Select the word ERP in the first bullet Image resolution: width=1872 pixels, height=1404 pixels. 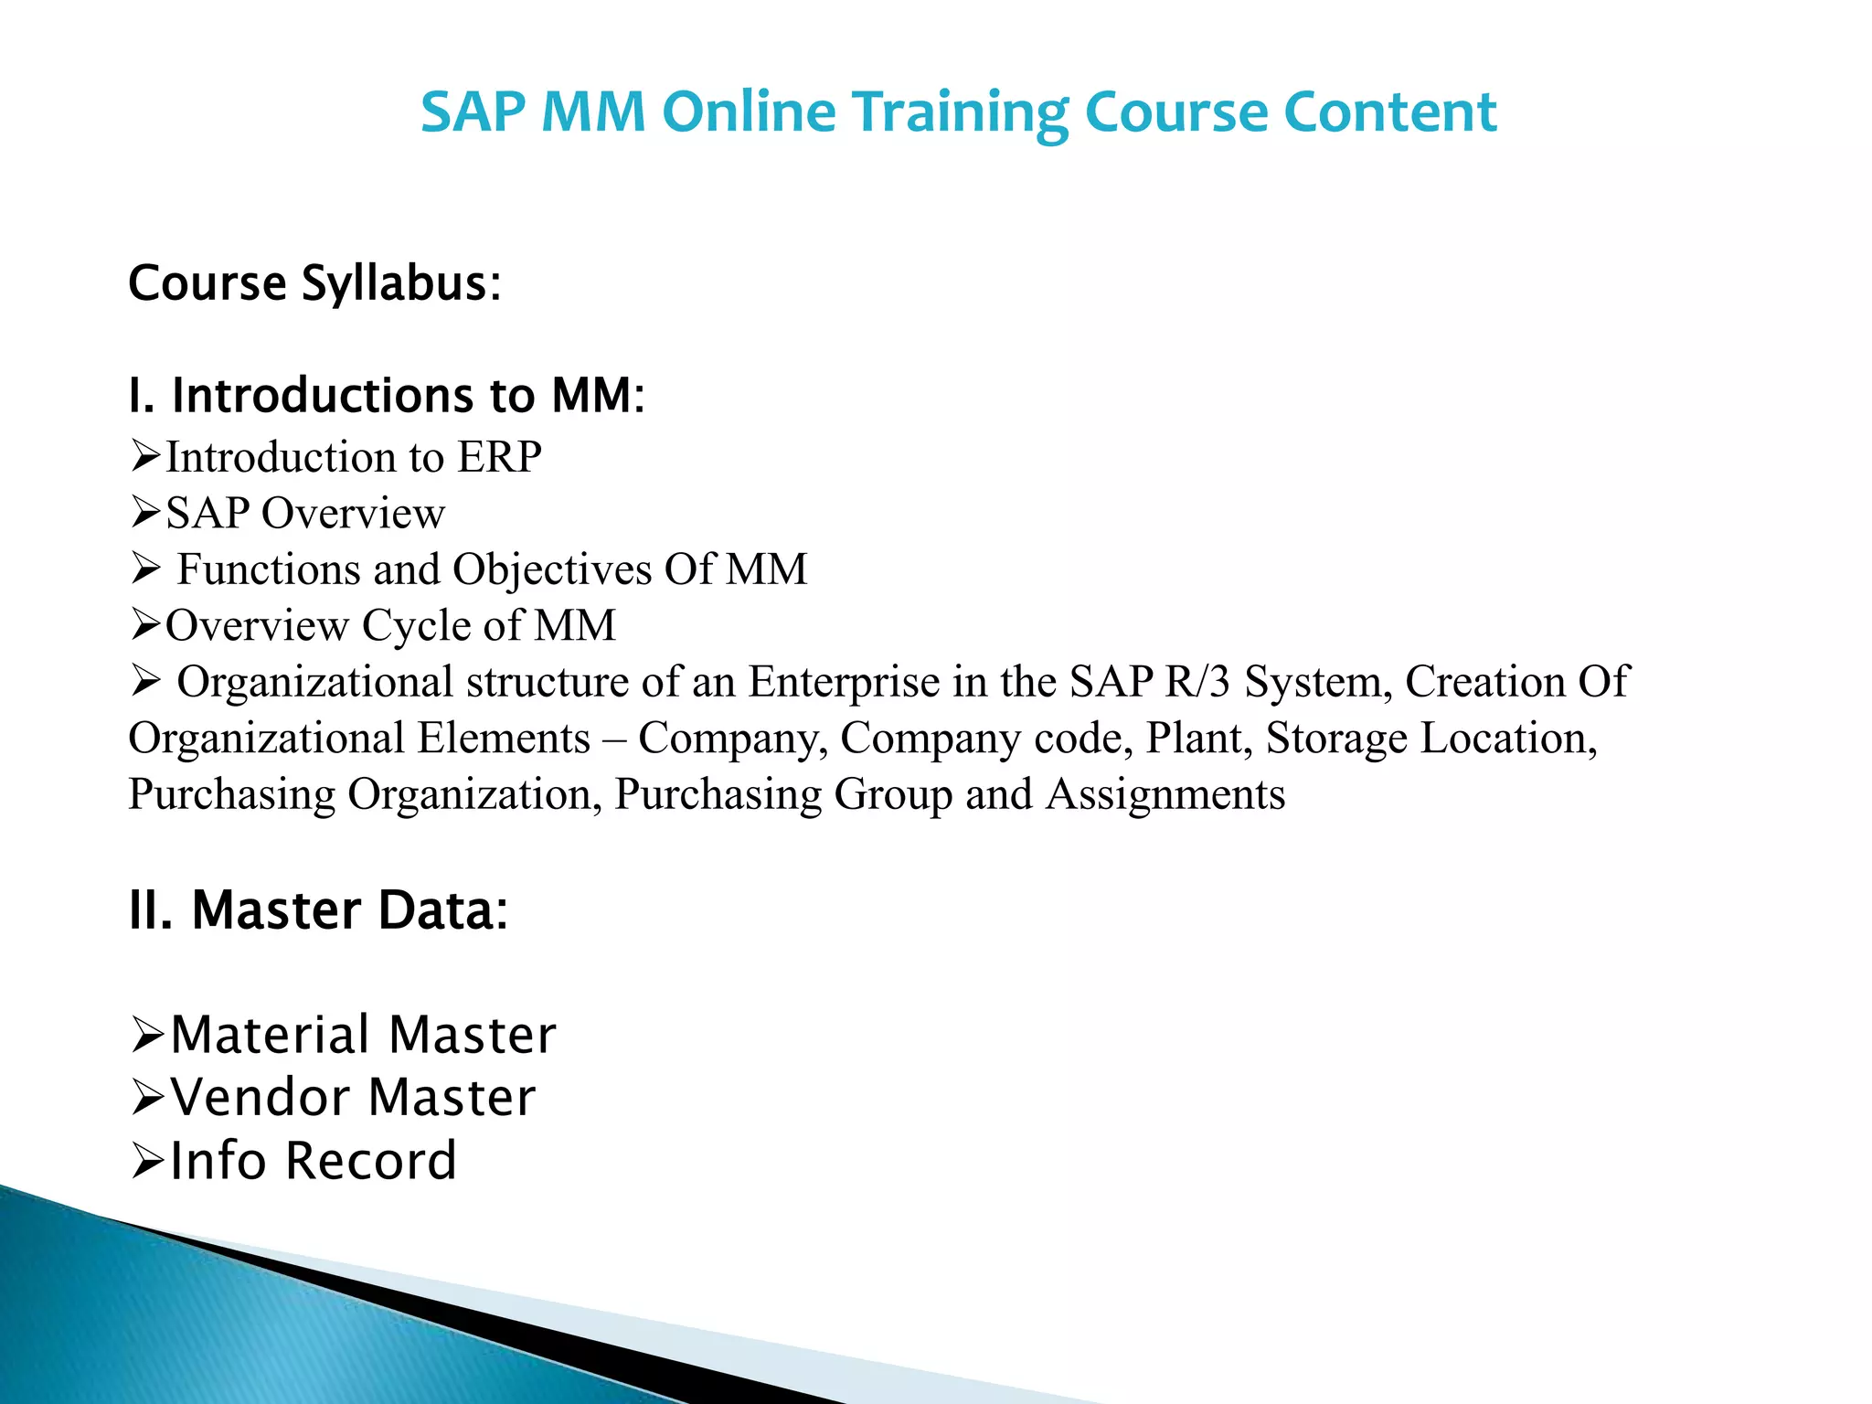[499, 457]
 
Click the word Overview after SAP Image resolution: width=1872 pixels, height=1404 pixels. [353, 514]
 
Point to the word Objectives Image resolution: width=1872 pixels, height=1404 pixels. [552, 569]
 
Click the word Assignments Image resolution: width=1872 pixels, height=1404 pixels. [1165, 794]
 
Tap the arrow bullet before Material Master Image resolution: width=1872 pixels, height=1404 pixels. [146, 1036]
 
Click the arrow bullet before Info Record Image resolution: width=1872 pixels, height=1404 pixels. [146, 1162]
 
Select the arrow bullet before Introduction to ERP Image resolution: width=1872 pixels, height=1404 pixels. [145, 456]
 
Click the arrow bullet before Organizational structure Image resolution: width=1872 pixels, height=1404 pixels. [145, 681]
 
